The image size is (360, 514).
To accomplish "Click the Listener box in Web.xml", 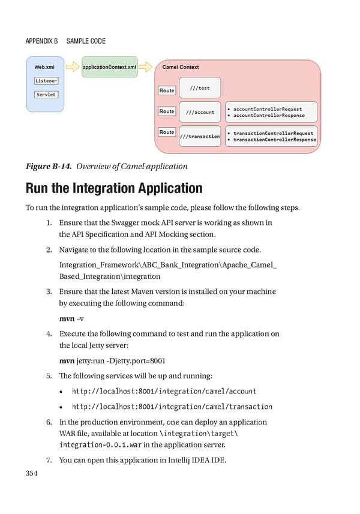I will tap(46, 81).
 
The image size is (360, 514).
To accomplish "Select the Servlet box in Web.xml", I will tap(46, 95).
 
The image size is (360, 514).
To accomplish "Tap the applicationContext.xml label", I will tap(109, 67).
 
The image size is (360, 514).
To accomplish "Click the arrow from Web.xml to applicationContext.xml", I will tap(72, 67).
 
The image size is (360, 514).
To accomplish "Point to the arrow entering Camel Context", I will tap(146, 67).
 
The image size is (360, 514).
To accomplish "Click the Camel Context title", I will tap(181, 67).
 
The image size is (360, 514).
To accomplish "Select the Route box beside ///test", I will tap(167, 91).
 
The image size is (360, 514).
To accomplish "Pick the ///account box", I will tap(200, 112).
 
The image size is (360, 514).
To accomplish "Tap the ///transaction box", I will tap(200, 136).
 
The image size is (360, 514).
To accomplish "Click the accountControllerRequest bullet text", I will tap(268, 109).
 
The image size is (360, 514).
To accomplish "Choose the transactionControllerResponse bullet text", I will tap(275, 140).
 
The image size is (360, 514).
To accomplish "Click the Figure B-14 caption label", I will tap(48, 166).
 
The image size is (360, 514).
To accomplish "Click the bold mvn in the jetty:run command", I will tap(67, 360).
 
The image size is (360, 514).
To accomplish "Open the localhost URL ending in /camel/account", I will tap(164, 391).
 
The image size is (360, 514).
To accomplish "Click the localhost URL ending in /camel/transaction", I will tap(172, 406).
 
